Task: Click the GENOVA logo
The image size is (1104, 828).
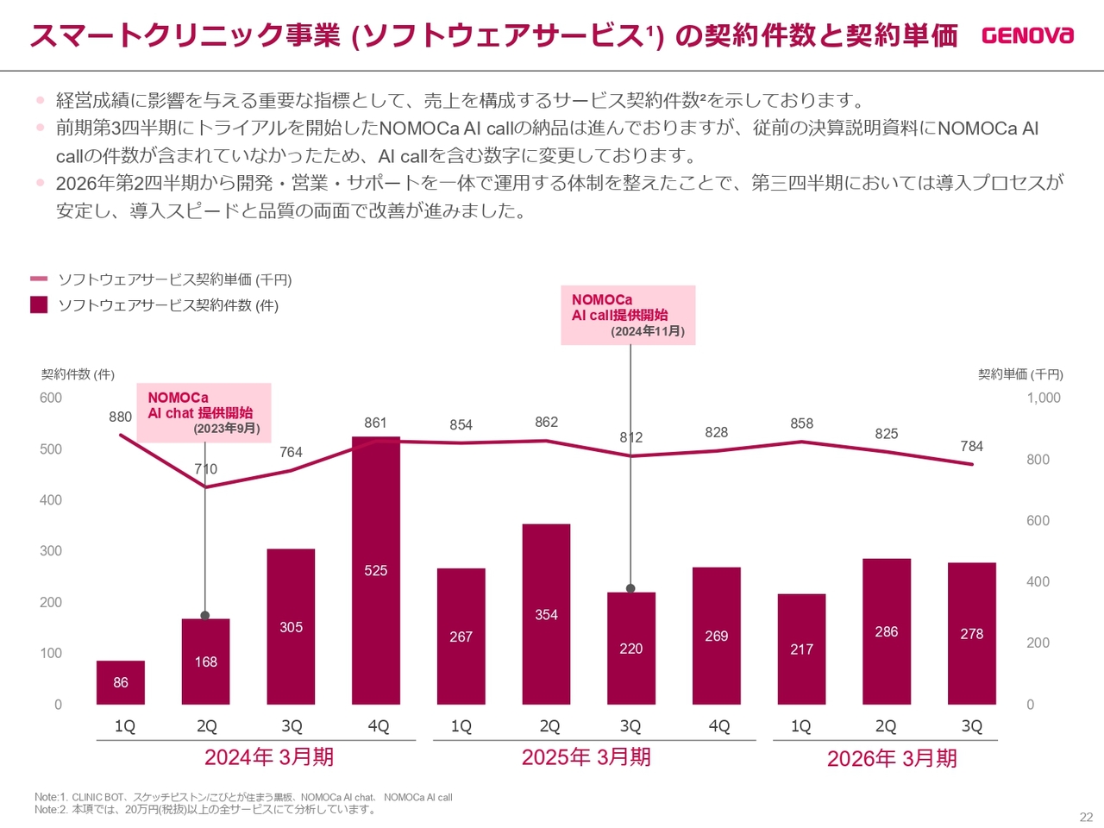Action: tap(1027, 35)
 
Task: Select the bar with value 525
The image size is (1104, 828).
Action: tap(376, 570)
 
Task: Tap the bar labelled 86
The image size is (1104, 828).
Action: tap(121, 682)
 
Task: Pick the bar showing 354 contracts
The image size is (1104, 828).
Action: tap(546, 614)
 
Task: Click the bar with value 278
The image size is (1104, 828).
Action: tap(971, 633)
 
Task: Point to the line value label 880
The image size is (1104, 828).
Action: tap(121, 417)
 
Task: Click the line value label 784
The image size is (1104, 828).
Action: tap(971, 446)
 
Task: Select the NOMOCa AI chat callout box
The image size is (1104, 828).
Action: tap(204, 412)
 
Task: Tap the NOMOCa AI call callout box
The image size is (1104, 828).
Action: tap(628, 315)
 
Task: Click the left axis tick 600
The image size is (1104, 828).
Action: tap(51, 398)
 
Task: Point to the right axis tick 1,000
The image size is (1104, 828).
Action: tap(1044, 398)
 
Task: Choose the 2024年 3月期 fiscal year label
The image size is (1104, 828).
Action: tap(269, 757)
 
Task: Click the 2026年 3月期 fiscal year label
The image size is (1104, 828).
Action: tap(892, 758)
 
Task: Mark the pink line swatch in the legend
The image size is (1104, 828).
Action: tap(39, 279)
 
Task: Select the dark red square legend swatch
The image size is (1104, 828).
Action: tap(39, 304)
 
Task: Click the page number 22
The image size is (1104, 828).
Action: tap(1086, 817)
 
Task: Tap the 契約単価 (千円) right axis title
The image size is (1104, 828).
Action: tap(1020, 374)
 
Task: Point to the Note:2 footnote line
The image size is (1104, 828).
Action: tap(205, 809)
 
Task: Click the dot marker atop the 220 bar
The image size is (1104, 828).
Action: tap(630, 588)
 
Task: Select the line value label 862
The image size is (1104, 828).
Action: tap(546, 422)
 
